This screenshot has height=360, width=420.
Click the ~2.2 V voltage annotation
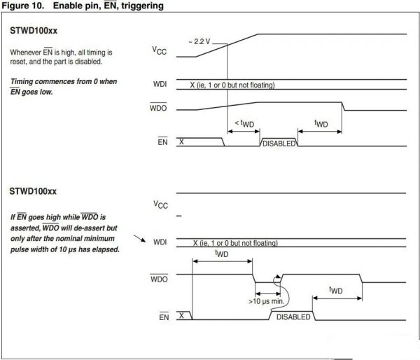click(199, 41)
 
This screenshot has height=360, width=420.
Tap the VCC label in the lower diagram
click(160, 204)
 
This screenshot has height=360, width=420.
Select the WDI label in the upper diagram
click(159, 85)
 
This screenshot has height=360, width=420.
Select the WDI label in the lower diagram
click(159, 242)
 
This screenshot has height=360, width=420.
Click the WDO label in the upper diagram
click(159, 109)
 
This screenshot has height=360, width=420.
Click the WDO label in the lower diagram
click(159, 278)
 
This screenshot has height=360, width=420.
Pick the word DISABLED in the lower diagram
click(293, 317)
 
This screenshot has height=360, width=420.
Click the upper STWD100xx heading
click(34, 33)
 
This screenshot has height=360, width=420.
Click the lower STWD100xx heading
click(34, 191)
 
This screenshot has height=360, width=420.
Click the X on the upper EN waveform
click(182, 141)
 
